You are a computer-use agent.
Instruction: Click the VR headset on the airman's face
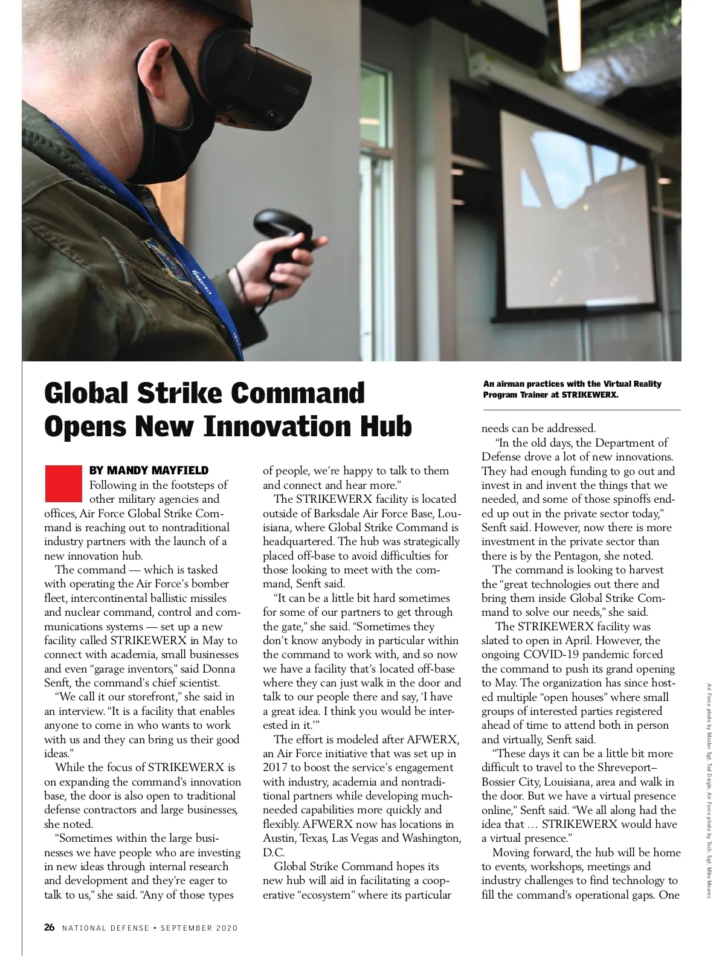pyautogui.click(x=260, y=73)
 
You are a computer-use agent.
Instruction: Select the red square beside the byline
pyautogui.click(x=62, y=483)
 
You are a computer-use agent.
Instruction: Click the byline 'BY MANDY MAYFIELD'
pyautogui.click(x=149, y=470)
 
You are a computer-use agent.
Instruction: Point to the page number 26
pyautogui.click(x=50, y=928)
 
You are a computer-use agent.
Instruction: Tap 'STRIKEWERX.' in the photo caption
pyautogui.click(x=590, y=395)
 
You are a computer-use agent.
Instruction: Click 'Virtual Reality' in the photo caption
pyautogui.click(x=633, y=384)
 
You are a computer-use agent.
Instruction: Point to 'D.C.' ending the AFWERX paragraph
pyautogui.click(x=273, y=852)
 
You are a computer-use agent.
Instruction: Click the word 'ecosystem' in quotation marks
pyautogui.click(x=327, y=894)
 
